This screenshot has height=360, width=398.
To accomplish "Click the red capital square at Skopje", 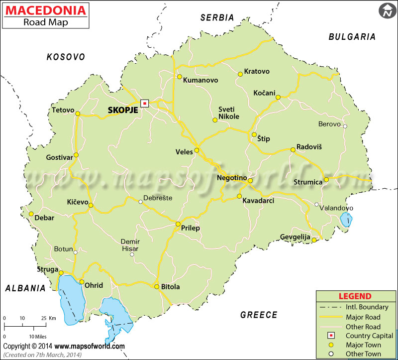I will [x=144, y=103].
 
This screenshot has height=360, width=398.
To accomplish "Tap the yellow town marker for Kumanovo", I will [x=180, y=77].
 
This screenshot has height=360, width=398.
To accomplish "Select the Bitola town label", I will [x=170, y=287].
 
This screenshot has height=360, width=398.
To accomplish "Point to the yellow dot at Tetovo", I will [x=78, y=114].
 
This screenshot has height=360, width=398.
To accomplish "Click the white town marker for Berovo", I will [x=345, y=126].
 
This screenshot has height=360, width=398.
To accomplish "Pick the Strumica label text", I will [x=308, y=182].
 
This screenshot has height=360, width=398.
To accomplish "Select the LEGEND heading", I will [x=355, y=296].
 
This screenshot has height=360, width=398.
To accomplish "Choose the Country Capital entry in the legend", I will [x=369, y=336].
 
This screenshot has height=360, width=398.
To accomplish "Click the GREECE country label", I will [x=259, y=315].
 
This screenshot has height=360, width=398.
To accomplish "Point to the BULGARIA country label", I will [x=352, y=36].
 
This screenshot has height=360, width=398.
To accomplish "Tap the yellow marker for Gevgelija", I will [x=314, y=240].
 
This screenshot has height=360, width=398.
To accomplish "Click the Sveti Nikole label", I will [x=229, y=113].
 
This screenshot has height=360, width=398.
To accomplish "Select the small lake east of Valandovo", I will [x=346, y=219].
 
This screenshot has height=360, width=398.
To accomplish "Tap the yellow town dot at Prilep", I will [x=178, y=224].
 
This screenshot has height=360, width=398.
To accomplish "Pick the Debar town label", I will [x=45, y=218].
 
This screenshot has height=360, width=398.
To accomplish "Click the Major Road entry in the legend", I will [x=362, y=317].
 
